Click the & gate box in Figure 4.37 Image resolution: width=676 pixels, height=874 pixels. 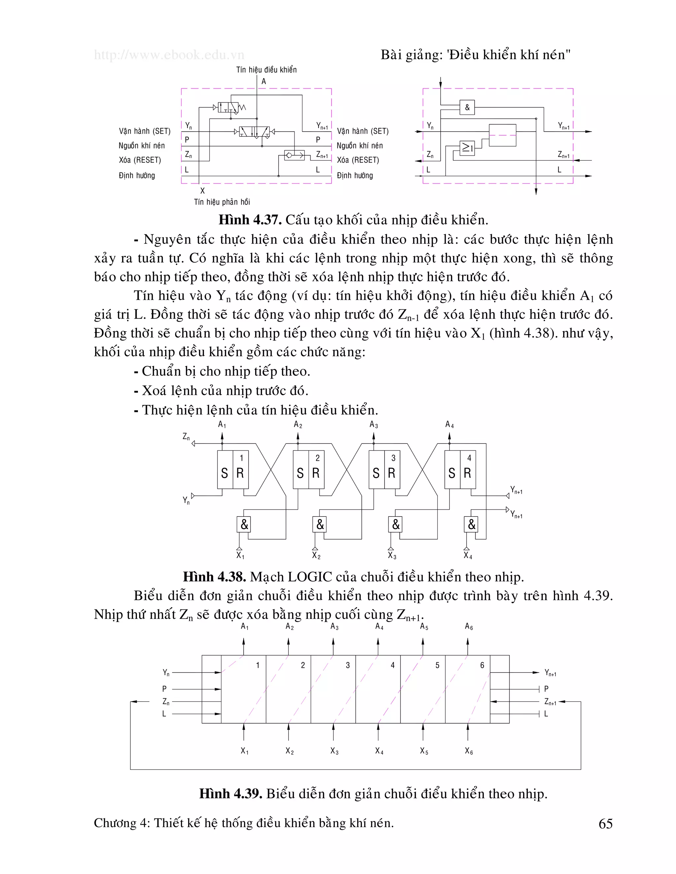click(x=467, y=107)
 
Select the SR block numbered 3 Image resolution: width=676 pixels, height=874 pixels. click(x=384, y=469)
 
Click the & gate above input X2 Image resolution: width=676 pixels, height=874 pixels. click(x=320, y=524)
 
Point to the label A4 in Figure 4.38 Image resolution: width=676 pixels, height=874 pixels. click(x=449, y=424)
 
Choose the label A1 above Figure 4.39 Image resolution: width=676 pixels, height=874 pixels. click(x=244, y=627)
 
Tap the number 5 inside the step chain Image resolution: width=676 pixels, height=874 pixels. click(x=437, y=665)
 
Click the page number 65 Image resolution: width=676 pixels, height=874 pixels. click(x=605, y=824)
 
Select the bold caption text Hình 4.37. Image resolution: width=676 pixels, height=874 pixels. click(x=250, y=220)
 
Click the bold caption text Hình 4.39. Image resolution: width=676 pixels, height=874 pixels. click(x=230, y=794)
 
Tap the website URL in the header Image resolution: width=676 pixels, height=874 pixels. click(x=169, y=55)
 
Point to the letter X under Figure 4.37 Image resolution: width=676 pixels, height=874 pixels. click(x=202, y=191)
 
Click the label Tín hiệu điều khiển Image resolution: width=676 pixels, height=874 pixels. click(x=266, y=70)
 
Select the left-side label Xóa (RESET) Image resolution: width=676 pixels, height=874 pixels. click(x=139, y=160)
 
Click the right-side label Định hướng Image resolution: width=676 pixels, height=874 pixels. click(x=355, y=175)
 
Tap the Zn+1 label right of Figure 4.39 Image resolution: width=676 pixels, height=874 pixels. click(x=550, y=702)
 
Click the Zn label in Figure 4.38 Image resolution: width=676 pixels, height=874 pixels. click(x=186, y=437)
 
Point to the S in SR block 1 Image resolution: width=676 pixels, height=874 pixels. click(x=224, y=473)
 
